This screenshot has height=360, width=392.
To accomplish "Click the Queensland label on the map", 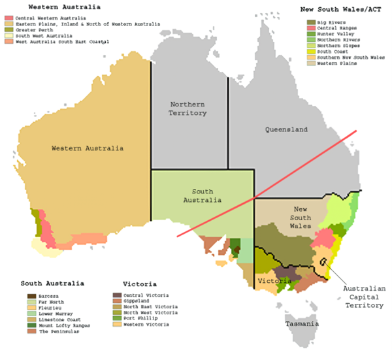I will [x=286, y=130].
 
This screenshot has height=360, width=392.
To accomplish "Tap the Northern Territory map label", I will [x=188, y=108].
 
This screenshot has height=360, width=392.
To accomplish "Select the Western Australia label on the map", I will [x=88, y=148].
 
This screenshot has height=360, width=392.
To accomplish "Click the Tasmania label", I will [x=302, y=324].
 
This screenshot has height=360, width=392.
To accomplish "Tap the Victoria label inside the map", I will [x=270, y=281].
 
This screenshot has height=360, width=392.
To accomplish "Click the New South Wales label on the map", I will [x=291, y=217].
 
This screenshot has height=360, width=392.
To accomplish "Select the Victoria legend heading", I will [x=139, y=285].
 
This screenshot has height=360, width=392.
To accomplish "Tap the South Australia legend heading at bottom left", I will [x=52, y=284].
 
